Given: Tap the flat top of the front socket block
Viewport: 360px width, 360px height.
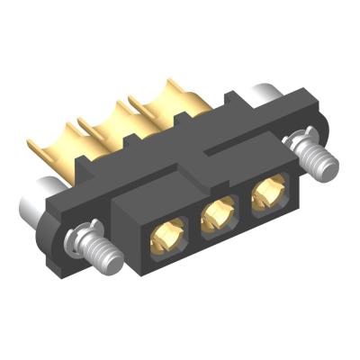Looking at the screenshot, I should [x=207, y=175].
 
